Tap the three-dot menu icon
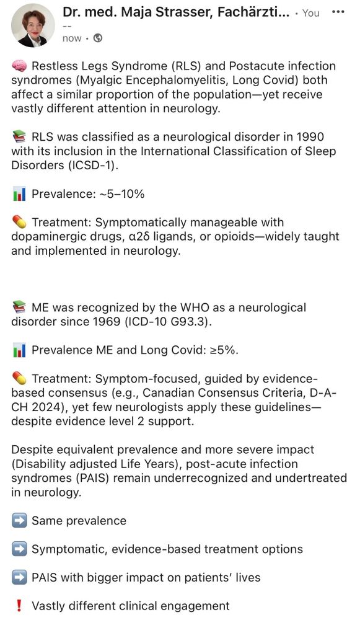337,12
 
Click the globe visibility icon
98,38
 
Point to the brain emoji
19,66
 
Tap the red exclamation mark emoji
19,606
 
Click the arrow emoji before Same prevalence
19,521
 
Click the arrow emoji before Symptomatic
19,549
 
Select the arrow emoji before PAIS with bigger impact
19,577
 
